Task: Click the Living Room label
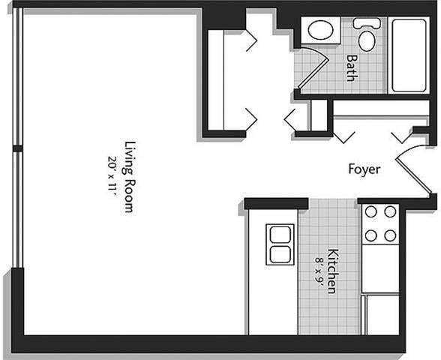click(128, 177)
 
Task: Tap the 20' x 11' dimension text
click(113, 175)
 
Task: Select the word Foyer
click(364, 169)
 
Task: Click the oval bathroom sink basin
click(322, 32)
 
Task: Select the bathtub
click(409, 55)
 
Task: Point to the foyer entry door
click(411, 169)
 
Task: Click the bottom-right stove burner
click(389, 235)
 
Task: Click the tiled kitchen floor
click(330, 307)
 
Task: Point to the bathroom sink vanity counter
click(322, 31)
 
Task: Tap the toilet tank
click(365, 22)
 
